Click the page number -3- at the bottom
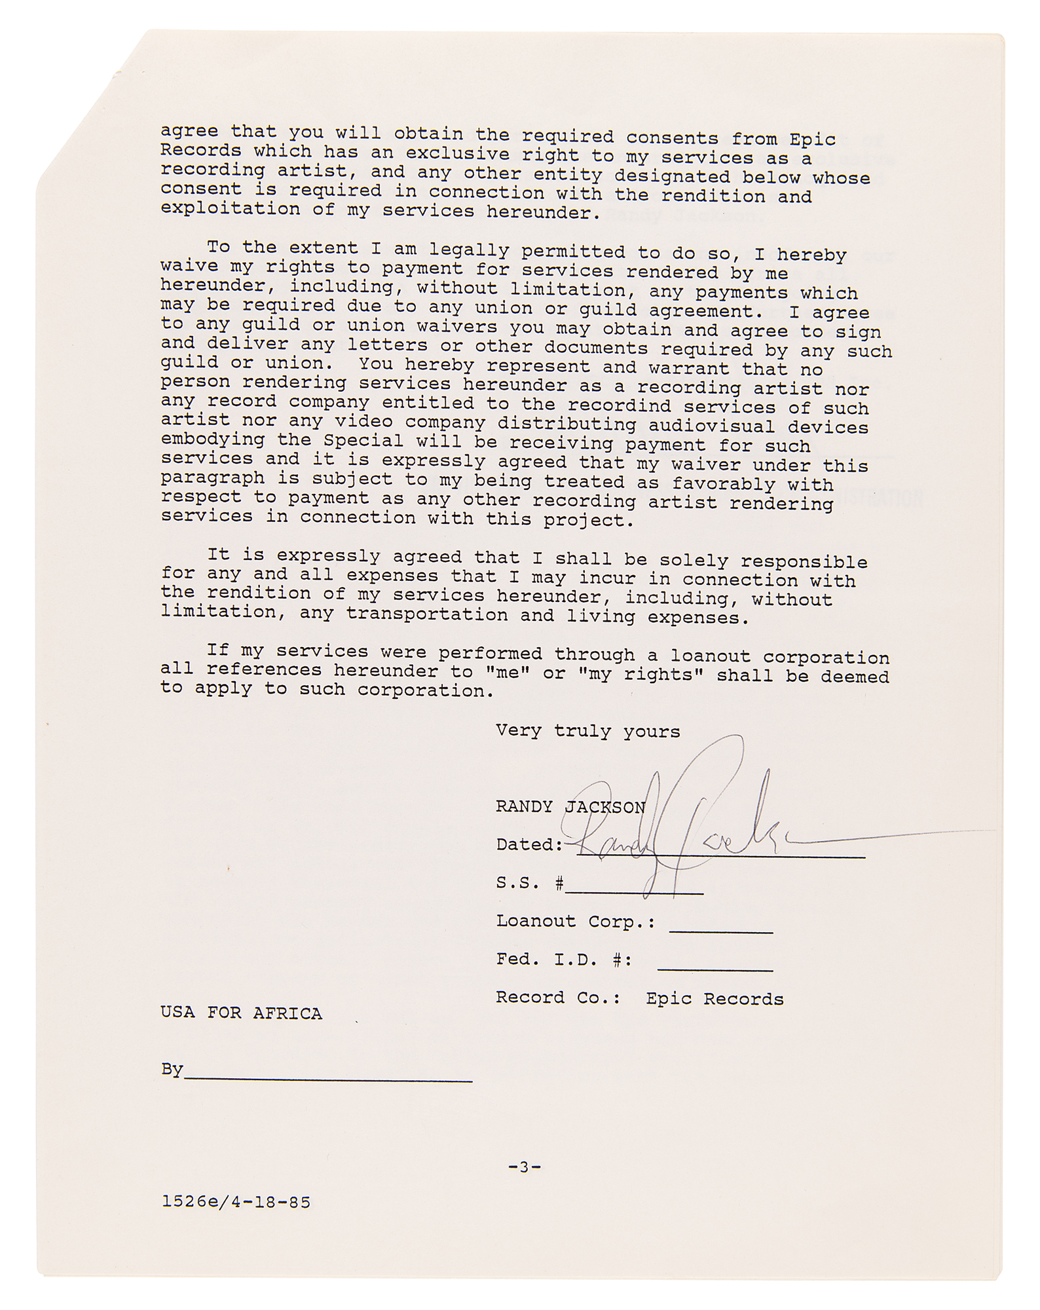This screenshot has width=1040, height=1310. [x=524, y=1166]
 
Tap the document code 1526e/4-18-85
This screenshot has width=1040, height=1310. [x=236, y=1202]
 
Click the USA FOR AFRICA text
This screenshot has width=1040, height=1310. [x=241, y=1013]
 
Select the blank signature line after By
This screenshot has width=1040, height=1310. [x=327, y=1077]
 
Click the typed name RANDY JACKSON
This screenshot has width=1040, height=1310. [x=570, y=807]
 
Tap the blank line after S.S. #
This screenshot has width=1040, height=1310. [x=634, y=891]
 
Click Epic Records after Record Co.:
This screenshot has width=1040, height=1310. [x=715, y=999]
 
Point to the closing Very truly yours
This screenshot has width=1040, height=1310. [x=587, y=731]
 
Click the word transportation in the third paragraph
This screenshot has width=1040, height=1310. [x=426, y=614]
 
